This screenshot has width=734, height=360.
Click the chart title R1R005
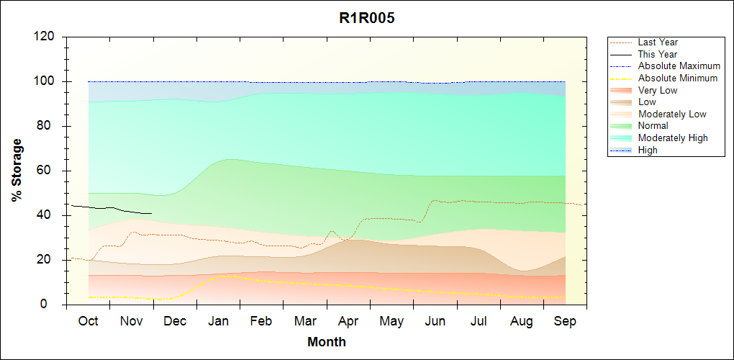(x=367, y=19)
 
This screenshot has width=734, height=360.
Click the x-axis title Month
(x=327, y=342)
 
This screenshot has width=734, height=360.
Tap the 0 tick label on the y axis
(x=53, y=305)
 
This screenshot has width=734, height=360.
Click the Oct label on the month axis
(x=88, y=322)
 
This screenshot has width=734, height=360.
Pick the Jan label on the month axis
(x=218, y=322)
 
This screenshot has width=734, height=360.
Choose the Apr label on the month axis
(x=348, y=322)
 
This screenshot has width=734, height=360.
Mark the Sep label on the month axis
(x=565, y=322)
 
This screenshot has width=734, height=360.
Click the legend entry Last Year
(x=658, y=42)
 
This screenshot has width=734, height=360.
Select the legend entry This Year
(x=658, y=54)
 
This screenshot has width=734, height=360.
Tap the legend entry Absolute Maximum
(x=679, y=66)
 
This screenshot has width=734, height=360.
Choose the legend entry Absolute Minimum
(x=677, y=78)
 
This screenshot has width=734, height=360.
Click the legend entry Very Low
(x=658, y=90)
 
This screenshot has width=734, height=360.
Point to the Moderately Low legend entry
(x=672, y=114)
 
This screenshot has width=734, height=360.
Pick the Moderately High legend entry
(x=673, y=138)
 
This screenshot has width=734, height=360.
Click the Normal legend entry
(x=653, y=126)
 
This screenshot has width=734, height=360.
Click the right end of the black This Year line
(x=152, y=213)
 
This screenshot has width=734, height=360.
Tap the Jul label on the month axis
(x=479, y=322)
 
